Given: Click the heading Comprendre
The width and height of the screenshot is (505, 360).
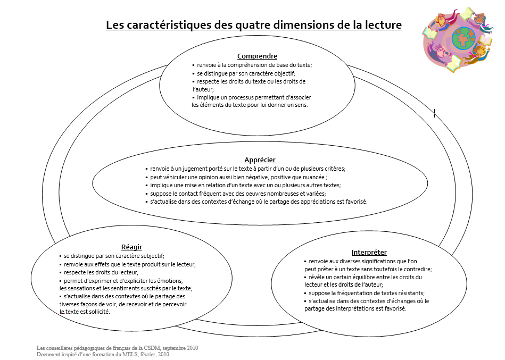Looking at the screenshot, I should (x=257, y=56).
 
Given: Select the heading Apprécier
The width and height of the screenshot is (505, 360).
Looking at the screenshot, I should (x=260, y=160).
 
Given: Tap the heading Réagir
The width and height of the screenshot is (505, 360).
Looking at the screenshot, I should (x=131, y=247).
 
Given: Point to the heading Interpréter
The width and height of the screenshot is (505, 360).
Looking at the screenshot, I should (x=369, y=252).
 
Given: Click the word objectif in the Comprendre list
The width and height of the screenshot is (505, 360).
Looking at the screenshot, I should (x=282, y=73).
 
